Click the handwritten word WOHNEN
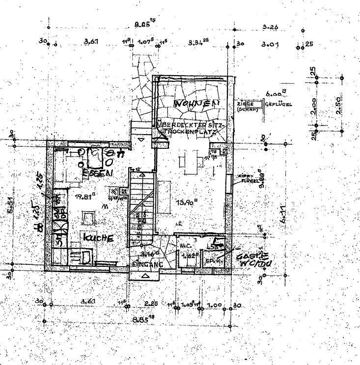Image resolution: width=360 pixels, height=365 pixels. [x=195, y=104]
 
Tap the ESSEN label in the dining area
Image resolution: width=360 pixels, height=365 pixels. [x=97, y=173]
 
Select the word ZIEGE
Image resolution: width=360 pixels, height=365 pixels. [x=245, y=104]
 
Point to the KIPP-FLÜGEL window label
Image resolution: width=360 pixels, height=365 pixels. [x=246, y=177]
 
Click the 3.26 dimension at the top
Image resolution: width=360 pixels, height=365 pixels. [x=271, y=27]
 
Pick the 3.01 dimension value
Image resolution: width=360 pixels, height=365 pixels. [x=270, y=44]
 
